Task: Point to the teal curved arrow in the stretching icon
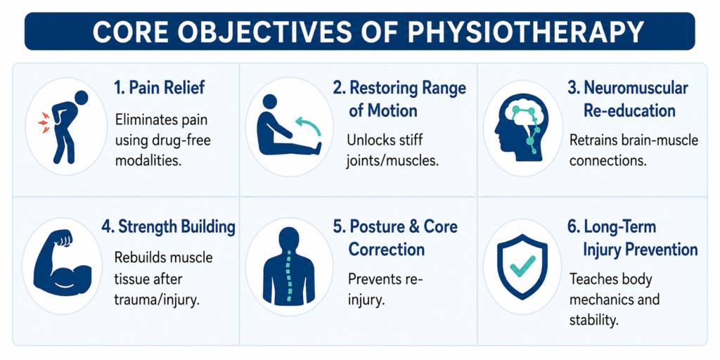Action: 308,126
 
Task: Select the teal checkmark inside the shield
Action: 522,266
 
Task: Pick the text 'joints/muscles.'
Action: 391,161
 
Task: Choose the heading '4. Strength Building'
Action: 168,227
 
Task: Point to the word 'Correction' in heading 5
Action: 386,250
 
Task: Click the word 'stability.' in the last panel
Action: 592,320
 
